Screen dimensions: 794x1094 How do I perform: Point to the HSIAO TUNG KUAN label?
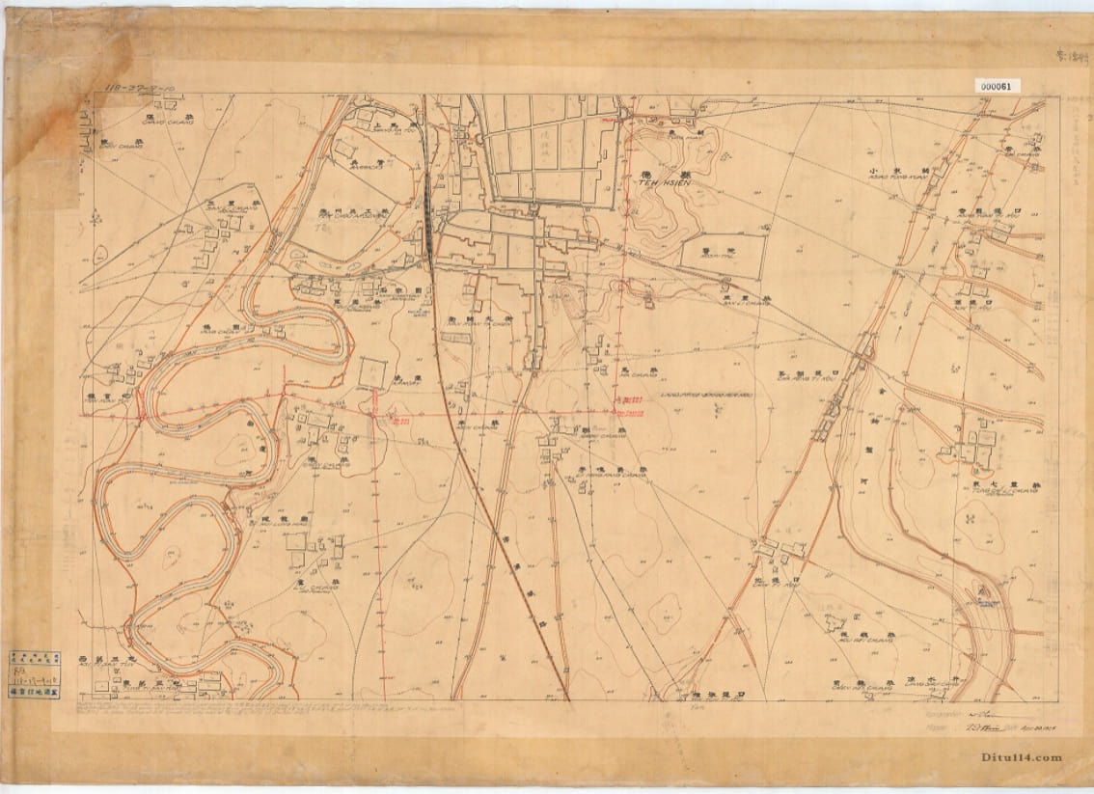tap(888, 177)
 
